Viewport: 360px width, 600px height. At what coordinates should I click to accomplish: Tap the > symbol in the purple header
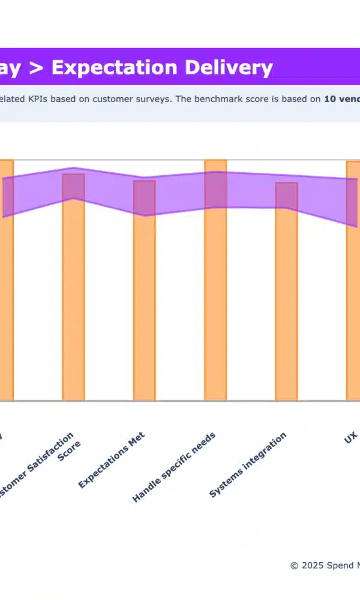(x=36, y=68)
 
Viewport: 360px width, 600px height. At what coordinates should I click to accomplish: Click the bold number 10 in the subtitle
(x=329, y=99)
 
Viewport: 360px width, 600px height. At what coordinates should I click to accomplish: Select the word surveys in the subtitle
(x=151, y=99)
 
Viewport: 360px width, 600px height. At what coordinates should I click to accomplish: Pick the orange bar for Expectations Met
(x=145, y=300)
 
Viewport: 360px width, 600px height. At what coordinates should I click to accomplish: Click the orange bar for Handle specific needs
(x=215, y=300)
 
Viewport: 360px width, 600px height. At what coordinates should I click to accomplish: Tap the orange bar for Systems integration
(x=286, y=300)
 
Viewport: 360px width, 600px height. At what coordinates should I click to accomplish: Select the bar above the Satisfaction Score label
(x=74, y=300)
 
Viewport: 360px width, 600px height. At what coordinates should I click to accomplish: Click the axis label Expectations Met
(x=112, y=460)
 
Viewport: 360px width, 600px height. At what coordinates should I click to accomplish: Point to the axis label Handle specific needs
(x=174, y=466)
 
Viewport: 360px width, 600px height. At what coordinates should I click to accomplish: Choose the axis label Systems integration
(x=248, y=464)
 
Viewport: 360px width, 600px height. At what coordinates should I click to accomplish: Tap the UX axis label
(x=351, y=437)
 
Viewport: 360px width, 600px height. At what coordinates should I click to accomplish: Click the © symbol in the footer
(x=294, y=565)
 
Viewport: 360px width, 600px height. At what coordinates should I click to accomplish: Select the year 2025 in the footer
(x=312, y=565)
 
